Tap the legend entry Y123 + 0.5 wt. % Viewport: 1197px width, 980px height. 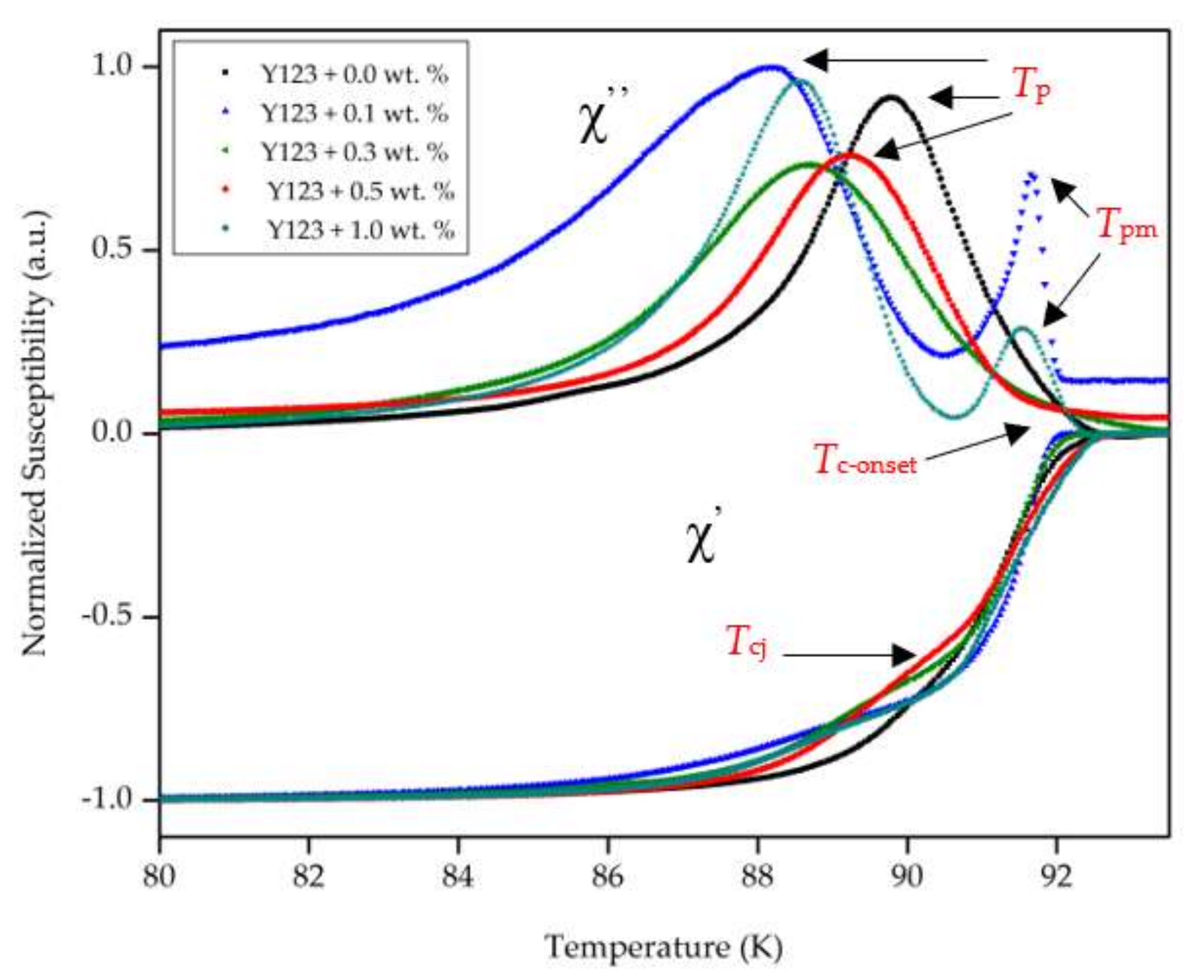(x=361, y=191)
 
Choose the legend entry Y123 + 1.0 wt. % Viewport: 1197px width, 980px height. (x=361, y=230)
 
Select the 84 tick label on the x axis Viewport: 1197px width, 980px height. (x=458, y=876)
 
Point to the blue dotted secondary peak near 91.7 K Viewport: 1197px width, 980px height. (x=1031, y=174)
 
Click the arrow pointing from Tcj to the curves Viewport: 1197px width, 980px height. (x=850, y=655)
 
